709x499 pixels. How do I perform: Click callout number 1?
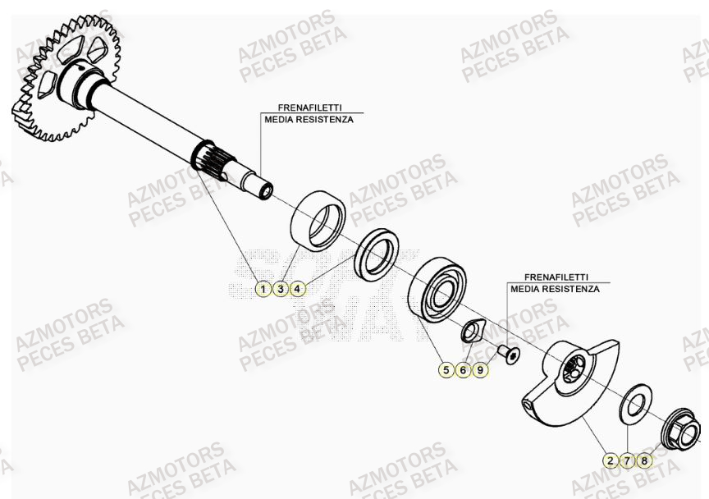263,288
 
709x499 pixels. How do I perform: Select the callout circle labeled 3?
280,288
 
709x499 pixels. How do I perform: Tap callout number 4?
297,288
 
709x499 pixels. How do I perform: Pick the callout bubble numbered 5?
446,371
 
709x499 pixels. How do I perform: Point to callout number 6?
463,371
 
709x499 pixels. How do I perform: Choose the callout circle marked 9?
481,371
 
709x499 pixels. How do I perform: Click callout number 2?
610,460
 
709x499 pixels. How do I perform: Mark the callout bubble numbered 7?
627,460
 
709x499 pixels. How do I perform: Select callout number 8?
644,460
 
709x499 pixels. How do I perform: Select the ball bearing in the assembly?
440,288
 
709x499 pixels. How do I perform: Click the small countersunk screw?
510,355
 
